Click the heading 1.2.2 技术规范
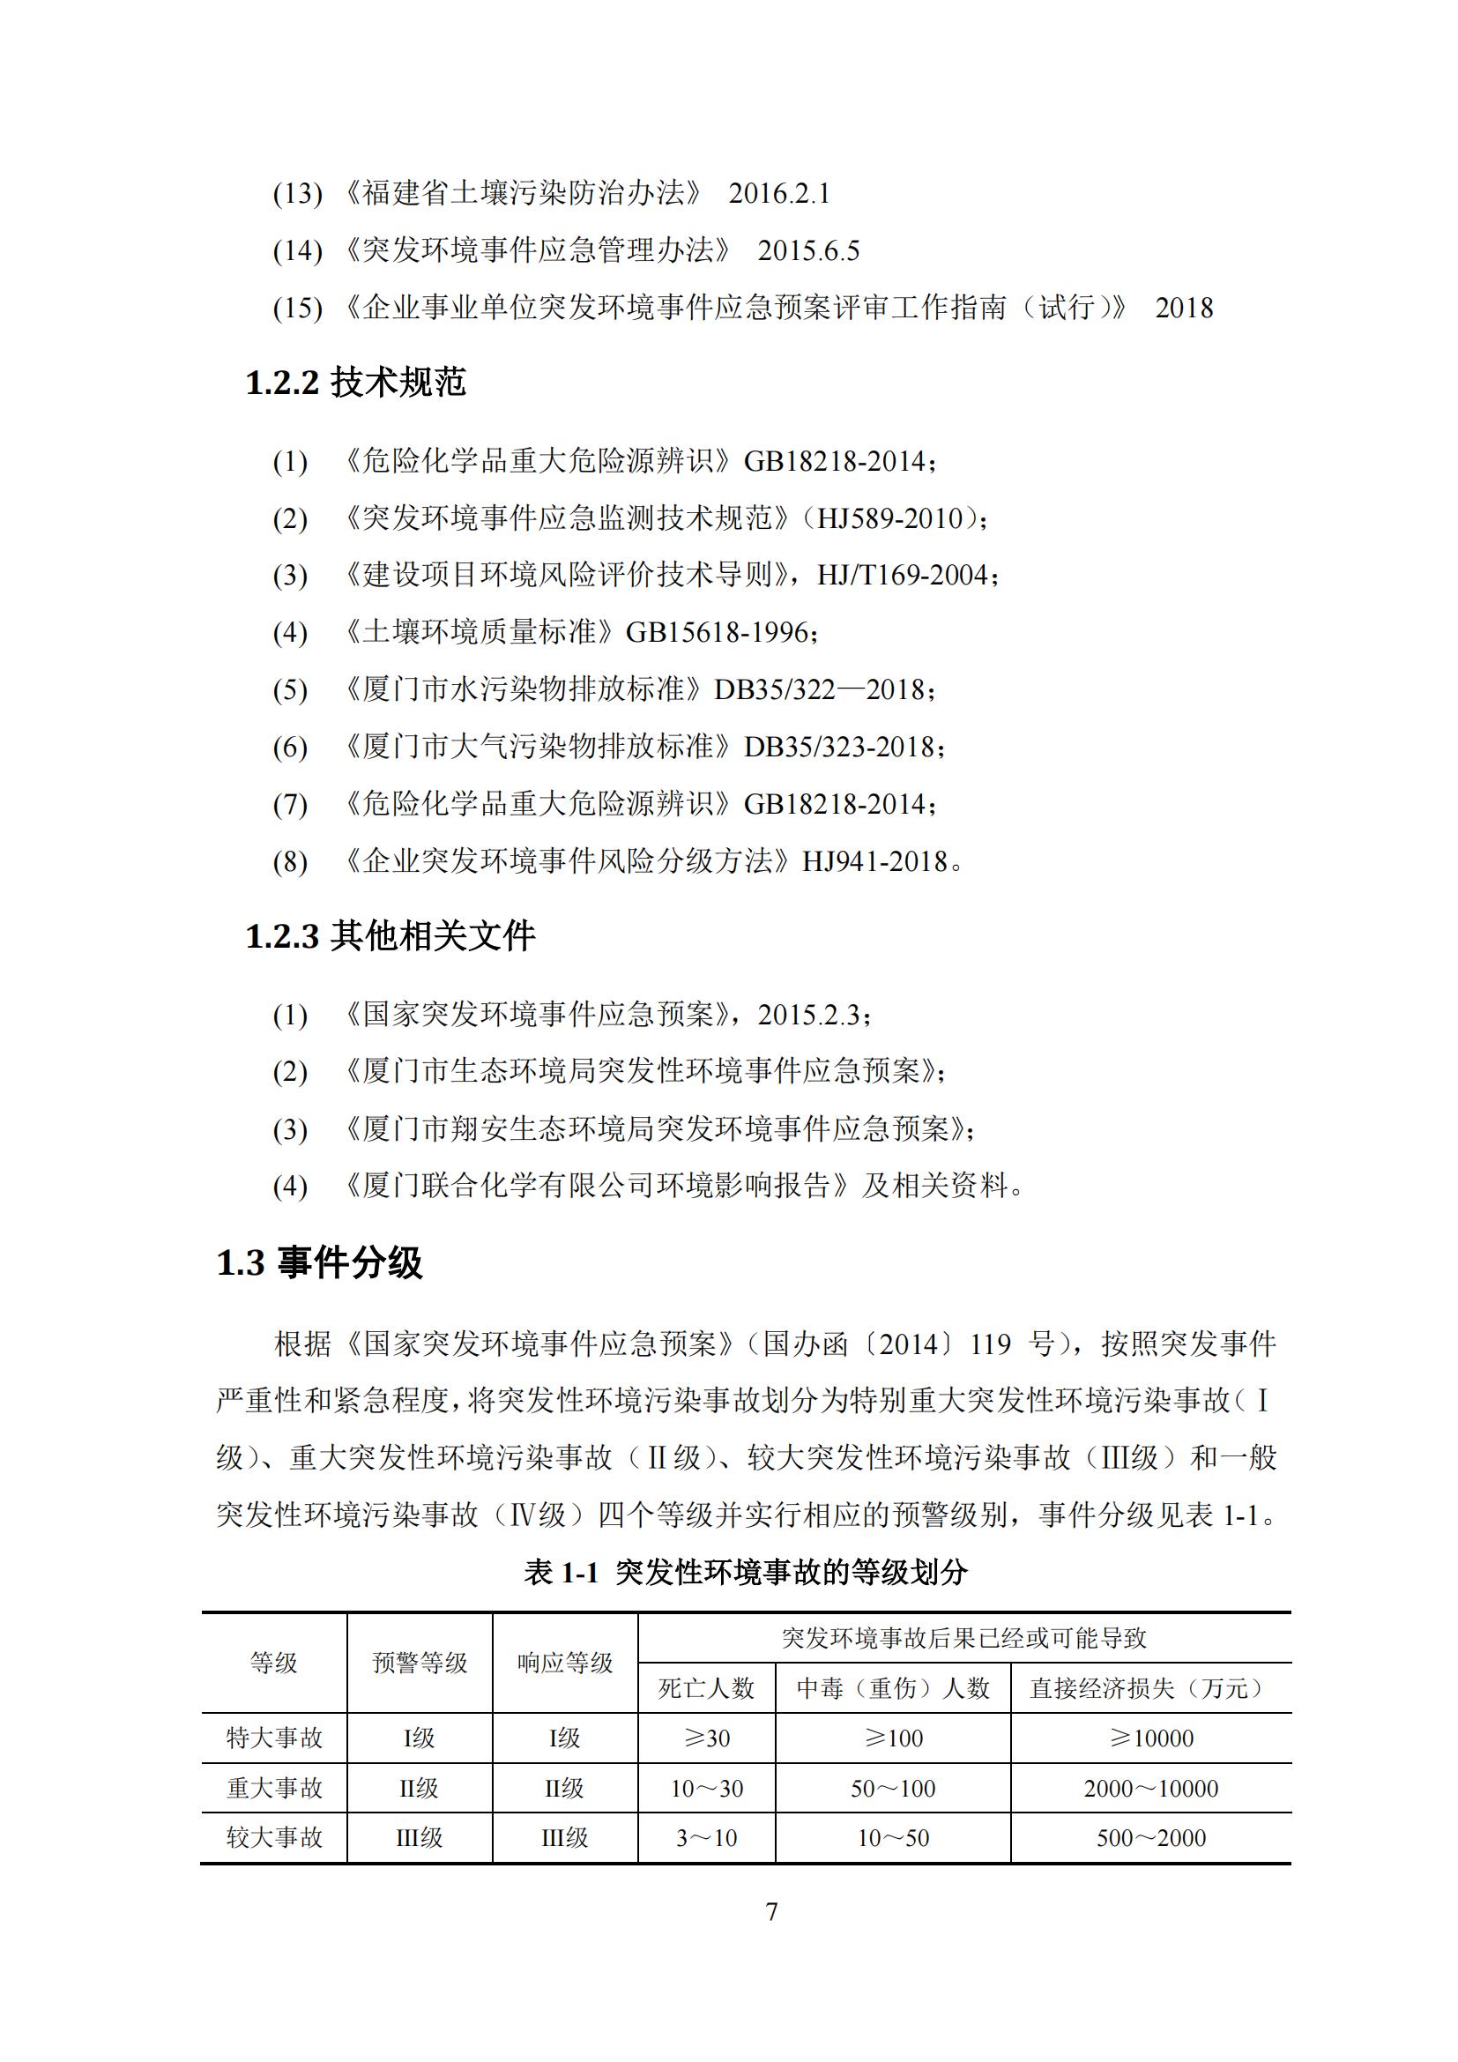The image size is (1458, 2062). coord(355,383)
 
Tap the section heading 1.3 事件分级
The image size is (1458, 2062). coord(319,1262)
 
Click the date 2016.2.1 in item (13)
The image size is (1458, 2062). coord(778,193)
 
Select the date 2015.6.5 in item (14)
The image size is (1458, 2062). coord(808,250)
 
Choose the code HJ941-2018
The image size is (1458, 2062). coord(874,861)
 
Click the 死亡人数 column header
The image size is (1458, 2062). coord(706,1688)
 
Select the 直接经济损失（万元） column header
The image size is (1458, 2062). coord(1150,1688)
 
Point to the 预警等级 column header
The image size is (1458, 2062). coord(420,1664)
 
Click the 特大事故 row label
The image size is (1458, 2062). coord(274,1738)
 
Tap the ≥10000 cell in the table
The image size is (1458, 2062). coord(1151,1738)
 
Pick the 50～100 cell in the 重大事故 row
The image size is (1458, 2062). coord(892,1788)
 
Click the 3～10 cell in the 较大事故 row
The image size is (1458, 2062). coord(706,1837)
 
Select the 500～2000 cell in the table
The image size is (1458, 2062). coord(1151,1837)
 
